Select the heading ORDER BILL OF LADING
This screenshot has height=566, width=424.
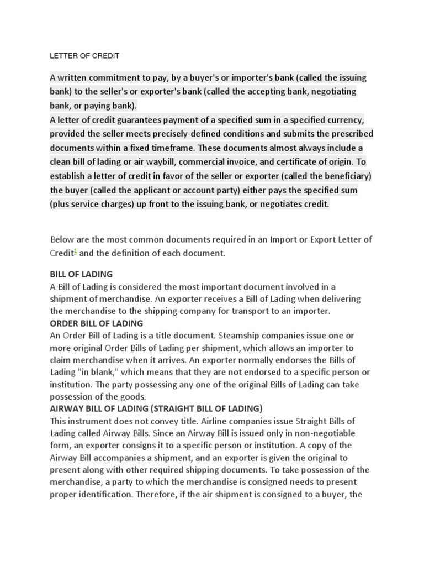(97, 323)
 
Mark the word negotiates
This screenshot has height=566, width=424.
(272, 204)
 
